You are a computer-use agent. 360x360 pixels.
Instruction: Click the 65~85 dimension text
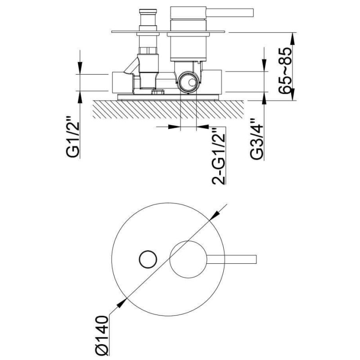(285, 70)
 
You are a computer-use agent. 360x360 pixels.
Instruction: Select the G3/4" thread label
(256, 139)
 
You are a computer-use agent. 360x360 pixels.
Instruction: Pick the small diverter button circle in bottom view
(148, 259)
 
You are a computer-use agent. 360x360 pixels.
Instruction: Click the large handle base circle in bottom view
(188, 260)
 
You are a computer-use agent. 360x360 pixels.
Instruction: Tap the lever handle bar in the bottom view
(231, 259)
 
